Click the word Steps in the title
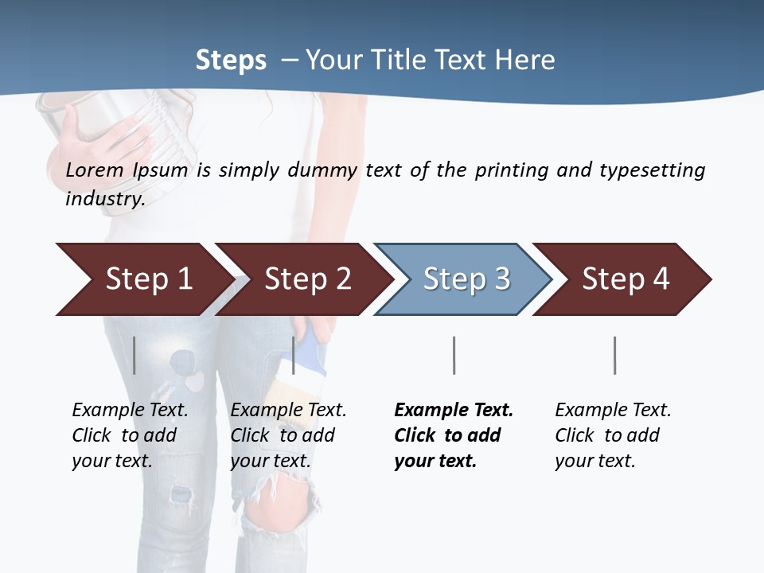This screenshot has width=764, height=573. pos(231,60)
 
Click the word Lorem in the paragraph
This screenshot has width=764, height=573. pos(94,170)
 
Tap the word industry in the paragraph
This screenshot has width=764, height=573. pos(105,199)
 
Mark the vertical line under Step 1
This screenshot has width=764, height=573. pos(134,355)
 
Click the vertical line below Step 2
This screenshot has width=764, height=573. pos(294,355)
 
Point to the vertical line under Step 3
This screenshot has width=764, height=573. pos(454,355)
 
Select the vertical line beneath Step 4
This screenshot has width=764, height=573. pos(614,355)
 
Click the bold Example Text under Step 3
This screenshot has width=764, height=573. pos(454,411)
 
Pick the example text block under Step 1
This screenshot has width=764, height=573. pos(130,435)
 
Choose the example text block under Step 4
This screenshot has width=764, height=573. pos(613,435)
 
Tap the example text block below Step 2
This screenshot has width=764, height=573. pos(288,435)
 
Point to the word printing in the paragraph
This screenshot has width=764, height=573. pos(510,170)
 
